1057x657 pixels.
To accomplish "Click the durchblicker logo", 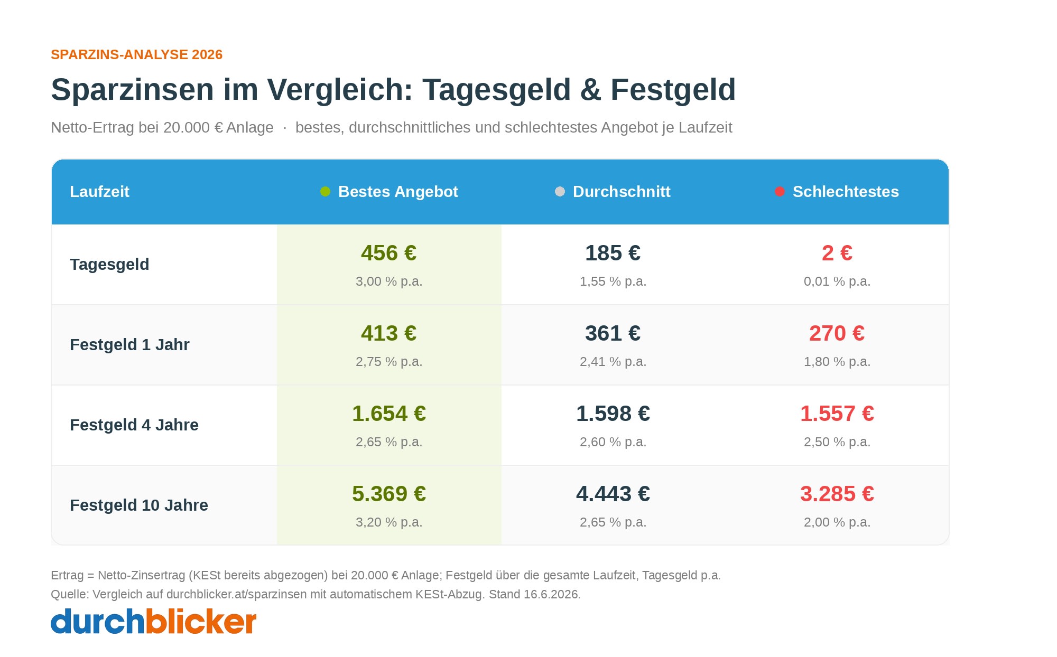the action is [x=153, y=622].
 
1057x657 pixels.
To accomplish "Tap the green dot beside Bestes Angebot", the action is [x=325, y=192].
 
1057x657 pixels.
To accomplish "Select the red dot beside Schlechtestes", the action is [x=780, y=192].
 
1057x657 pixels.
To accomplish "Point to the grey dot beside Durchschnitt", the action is [x=560, y=192].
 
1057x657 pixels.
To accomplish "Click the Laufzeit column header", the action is [x=99, y=192].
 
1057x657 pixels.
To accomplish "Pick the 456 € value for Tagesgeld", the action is [x=389, y=253].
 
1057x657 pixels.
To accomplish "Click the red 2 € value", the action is [x=837, y=253].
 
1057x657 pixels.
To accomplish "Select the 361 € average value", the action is [x=613, y=333].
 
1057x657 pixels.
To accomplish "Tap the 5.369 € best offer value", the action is [x=389, y=494].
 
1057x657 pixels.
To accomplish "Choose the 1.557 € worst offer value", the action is [x=837, y=414].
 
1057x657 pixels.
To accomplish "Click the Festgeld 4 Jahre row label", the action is [x=134, y=425].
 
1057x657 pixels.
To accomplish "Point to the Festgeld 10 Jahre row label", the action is [x=139, y=505].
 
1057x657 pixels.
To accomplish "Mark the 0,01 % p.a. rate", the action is [x=837, y=281].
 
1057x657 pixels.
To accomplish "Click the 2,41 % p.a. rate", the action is [x=613, y=362].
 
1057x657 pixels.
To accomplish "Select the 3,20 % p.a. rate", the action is [x=389, y=522].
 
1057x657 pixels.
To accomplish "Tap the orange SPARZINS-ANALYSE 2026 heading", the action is [x=136, y=55].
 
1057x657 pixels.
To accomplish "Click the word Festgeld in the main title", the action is [x=673, y=90].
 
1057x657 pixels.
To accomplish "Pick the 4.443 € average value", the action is [x=613, y=494].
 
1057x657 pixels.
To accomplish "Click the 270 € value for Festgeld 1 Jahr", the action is [x=837, y=333].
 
